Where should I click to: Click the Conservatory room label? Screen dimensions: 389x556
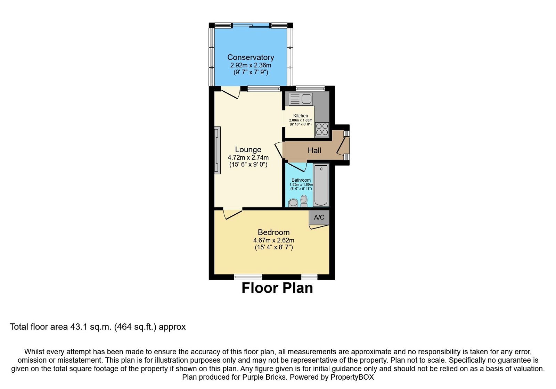click(x=251, y=57)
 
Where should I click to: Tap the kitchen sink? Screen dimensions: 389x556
click(x=301, y=99)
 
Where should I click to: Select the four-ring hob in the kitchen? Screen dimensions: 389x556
click(x=322, y=130)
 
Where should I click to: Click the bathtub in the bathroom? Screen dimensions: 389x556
click(x=321, y=185)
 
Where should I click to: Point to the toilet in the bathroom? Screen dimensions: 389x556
click(x=304, y=201)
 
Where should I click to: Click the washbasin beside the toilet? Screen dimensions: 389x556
click(x=293, y=202)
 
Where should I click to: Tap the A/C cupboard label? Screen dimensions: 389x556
click(x=319, y=217)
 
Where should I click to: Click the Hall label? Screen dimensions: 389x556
click(x=314, y=150)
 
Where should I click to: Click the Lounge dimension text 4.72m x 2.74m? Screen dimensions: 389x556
click(x=248, y=157)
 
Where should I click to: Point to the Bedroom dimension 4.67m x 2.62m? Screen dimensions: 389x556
click(x=273, y=240)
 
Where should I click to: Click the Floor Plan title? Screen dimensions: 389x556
click(x=277, y=288)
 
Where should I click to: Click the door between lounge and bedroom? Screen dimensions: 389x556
click(x=232, y=214)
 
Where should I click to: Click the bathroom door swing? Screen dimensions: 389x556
click(x=296, y=167)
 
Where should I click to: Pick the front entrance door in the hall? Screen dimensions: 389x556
click(x=342, y=145)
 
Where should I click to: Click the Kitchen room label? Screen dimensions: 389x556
click(x=301, y=116)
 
